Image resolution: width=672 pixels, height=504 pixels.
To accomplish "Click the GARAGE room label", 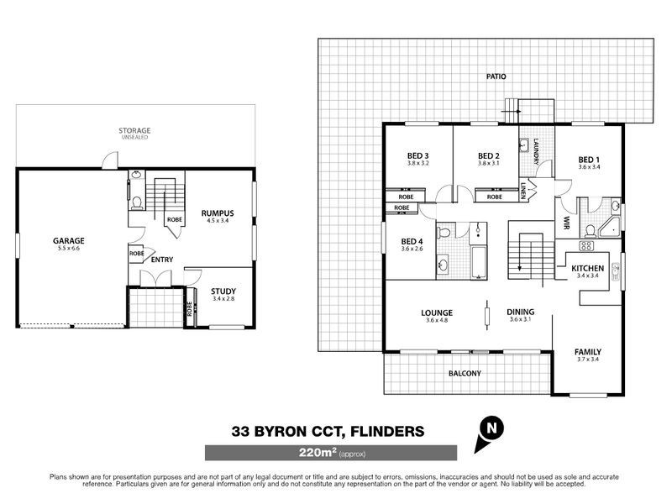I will click(x=71, y=241).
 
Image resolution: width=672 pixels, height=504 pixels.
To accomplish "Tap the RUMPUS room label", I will click(x=217, y=213).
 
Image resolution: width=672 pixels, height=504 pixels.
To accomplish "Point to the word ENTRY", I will click(x=163, y=260).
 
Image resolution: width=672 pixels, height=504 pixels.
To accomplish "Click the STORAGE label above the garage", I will click(x=134, y=131).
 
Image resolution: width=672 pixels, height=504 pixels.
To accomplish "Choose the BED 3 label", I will click(x=418, y=155).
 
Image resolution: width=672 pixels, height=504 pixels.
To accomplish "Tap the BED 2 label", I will click(x=489, y=155).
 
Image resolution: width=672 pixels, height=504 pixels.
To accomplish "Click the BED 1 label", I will click(x=590, y=160).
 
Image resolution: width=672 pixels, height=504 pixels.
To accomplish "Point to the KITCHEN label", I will click(x=587, y=269).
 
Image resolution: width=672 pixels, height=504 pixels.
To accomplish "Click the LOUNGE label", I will click(x=437, y=312).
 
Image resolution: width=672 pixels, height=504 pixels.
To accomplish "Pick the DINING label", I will click(x=520, y=312).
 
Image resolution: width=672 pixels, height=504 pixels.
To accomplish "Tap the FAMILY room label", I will click(x=587, y=352).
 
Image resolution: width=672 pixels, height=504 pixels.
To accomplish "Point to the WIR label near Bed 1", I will click(x=565, y=222).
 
